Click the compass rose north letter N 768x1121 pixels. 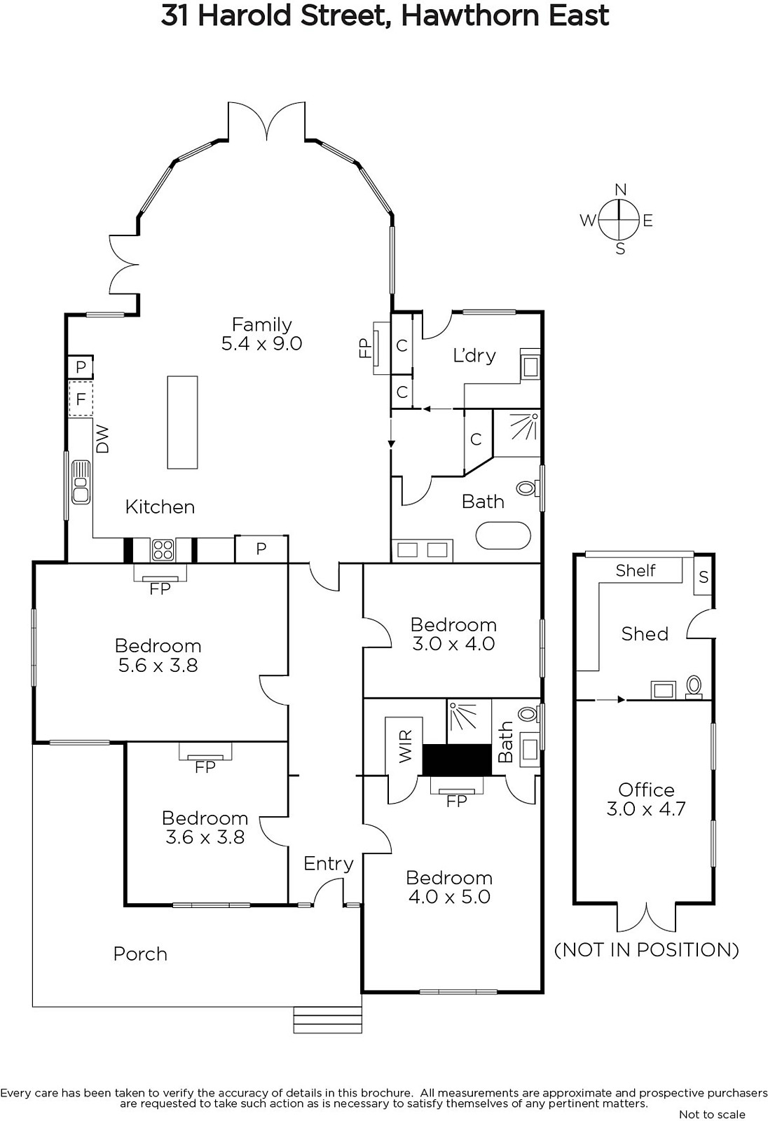tap(620, 190)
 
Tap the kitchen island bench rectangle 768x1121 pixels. tap(182, 422)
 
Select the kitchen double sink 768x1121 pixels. tap(81, 482)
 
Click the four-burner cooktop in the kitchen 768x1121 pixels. tap(163, 549)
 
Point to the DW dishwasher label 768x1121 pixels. tap(102, 439)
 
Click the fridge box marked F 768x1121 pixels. tap(81, 399)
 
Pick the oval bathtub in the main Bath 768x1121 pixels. tap(502, 537)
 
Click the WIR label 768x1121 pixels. tap(405, 747)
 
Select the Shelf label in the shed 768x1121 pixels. tap(636, 570)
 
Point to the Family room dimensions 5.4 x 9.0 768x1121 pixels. tap(261, 344)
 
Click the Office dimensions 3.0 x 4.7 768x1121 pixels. tap(646, 809)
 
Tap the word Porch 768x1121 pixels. tap(140, 954)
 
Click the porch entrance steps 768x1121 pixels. tap(327, 1019)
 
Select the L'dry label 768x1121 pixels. tap(474, 355)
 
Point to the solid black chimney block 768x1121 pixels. tap(457, 759)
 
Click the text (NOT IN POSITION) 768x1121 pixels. tap(646, 950)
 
